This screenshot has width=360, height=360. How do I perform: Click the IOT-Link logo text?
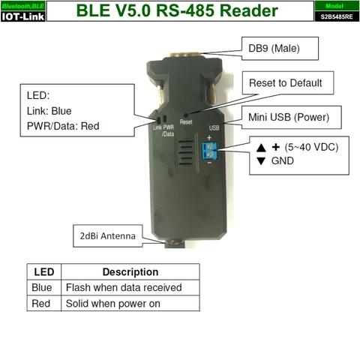point(22,16)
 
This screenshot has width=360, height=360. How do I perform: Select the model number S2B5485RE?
point(337,16)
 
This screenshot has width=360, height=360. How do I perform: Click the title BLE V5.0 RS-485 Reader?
point(177,10)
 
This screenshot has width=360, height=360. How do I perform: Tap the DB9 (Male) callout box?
point(280,49)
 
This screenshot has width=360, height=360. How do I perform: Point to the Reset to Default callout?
point(288,82)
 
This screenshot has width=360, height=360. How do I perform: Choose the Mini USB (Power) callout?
point(292,117)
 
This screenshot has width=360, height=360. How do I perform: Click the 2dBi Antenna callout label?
point(108,236)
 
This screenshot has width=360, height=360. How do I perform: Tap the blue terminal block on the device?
point(210,151)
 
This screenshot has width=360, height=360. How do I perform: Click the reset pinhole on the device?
point(186,115)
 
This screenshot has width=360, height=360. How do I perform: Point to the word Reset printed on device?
point(186,122)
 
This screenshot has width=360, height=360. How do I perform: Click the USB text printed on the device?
point(214,127)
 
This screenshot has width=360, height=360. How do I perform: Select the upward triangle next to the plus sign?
point(261,148)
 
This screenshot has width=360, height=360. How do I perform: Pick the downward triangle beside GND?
point(261,161)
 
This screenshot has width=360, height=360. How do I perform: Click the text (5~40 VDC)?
point(311,147)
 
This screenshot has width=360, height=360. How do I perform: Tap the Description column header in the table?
point(130,272)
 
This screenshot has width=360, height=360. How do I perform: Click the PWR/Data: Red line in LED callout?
point(63,126)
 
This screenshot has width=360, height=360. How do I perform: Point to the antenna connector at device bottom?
point(175,244)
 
